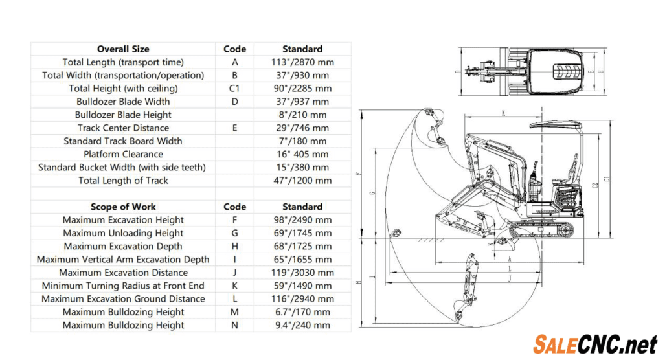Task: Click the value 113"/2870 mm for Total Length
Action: click(x=302, y=62)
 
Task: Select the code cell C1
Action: click(x=234, y=88)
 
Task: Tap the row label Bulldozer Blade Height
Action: click(x=123, y=115)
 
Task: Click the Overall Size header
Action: click(x=123, y=49)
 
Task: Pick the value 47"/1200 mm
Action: click(x=302, y=181)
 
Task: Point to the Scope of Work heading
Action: click(x=123, y=207)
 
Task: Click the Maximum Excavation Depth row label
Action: click(x=123, y=246)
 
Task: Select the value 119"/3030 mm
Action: click(x=302, y=273)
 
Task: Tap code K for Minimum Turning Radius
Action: click(x=234, y=286)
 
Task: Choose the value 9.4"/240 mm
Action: click(x=302, y=325)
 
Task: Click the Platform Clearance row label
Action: click(x=123, y=154)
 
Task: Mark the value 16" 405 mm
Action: click(x=302, y=154)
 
